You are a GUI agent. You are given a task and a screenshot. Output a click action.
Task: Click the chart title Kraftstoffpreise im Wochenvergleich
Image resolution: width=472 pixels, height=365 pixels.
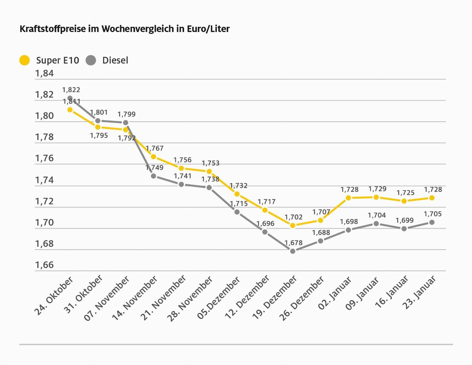(x=125, y=29)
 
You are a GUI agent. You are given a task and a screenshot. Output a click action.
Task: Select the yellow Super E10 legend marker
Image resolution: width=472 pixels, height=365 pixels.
(x=24, y=60)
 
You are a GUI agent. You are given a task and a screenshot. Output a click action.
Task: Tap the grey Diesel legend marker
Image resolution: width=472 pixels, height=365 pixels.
(x=91, y=60)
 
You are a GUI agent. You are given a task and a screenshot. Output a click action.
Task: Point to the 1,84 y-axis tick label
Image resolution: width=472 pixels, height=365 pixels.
(x=44, y=73)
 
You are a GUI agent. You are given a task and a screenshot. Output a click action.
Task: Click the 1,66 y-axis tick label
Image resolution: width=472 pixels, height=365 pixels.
(x=44, y=265)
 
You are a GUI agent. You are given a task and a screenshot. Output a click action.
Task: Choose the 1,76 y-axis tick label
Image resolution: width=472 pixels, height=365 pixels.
(x=44, y=158)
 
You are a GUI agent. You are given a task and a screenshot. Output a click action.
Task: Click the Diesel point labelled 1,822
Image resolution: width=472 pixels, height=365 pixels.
(x=70, y=98)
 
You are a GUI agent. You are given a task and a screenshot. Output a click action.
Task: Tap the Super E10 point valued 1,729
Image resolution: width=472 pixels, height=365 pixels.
(x=376, y=197)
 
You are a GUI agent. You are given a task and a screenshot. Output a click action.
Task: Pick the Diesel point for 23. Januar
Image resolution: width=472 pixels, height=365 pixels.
(x=432, y=222)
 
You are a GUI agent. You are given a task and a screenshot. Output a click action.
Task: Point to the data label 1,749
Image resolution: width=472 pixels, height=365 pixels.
(x=154, y=168)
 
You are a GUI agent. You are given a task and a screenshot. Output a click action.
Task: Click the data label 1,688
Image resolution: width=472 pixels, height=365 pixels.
(x=321, y=233)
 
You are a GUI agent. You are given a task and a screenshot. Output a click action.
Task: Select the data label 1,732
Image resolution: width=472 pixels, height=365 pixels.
(x=239, y=186)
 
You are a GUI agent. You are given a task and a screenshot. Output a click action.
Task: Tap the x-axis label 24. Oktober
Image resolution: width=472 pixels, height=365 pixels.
(x=54, y=296)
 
